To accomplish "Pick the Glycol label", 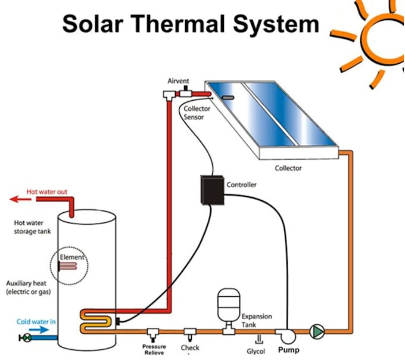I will [256, 352].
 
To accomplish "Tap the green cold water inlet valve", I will [26, 337].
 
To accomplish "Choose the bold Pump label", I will [289, 350].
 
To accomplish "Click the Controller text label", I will [242, 185].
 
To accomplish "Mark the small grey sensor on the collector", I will [228, 96].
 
